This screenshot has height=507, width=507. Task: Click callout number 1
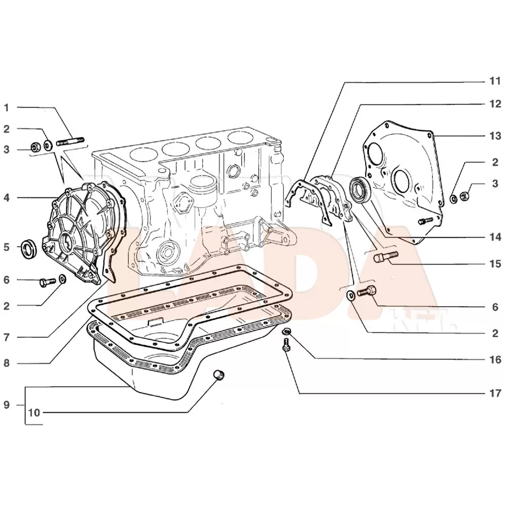click(x=7, y=107)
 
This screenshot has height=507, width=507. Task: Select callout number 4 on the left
click(x=7, y=197)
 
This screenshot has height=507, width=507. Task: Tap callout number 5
click(x=7, y=248)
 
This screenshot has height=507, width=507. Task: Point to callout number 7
click(x=7, y=337)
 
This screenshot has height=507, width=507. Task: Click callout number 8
click(x=7, y=363)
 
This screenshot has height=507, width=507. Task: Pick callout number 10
click(x=34, y=412)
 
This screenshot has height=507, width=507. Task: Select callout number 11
click(x=495, y=81)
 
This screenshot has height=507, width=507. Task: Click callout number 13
click(x=495, y=136)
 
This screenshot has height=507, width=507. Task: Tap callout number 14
click(x=495, y=237)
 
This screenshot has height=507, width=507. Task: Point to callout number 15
click(x=495, y=264)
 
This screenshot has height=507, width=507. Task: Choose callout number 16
click(x=495, y=359)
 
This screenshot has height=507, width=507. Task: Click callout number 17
click(x=495, y=393)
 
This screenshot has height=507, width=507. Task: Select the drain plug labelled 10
click(x=219, y=376)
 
